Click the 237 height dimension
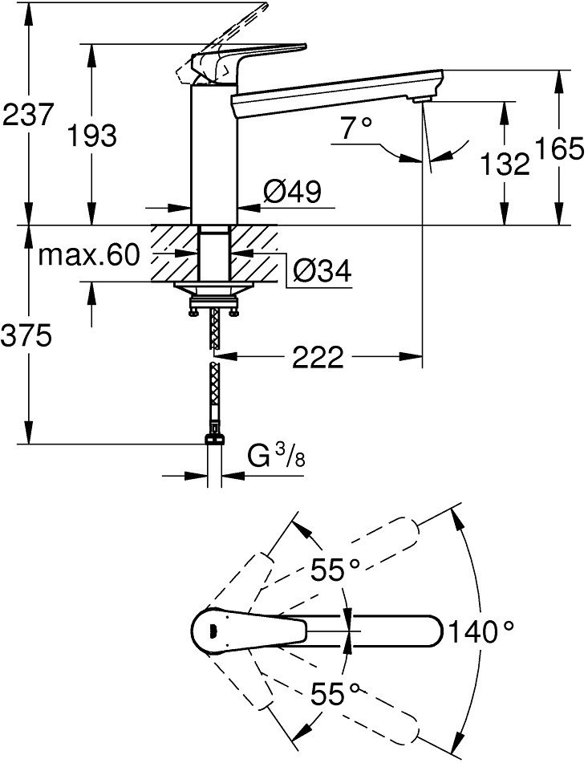click(27, 115)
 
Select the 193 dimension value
click(92, 136)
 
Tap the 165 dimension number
click(559, 148)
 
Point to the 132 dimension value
click(505, 164)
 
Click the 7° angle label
click(356, 128)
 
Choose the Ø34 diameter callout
click(322, 270)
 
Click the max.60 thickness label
click(89, 254)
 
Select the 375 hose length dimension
click(26, 335)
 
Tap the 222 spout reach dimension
click(318, 358)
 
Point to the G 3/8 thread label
click(276, 457)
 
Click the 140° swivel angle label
click(481, 631)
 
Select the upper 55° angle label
click(335, 570)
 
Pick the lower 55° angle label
click(335, 693)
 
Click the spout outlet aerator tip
click(422, 99)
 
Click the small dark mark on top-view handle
click(212, 631)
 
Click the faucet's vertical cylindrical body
click(214, 155)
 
